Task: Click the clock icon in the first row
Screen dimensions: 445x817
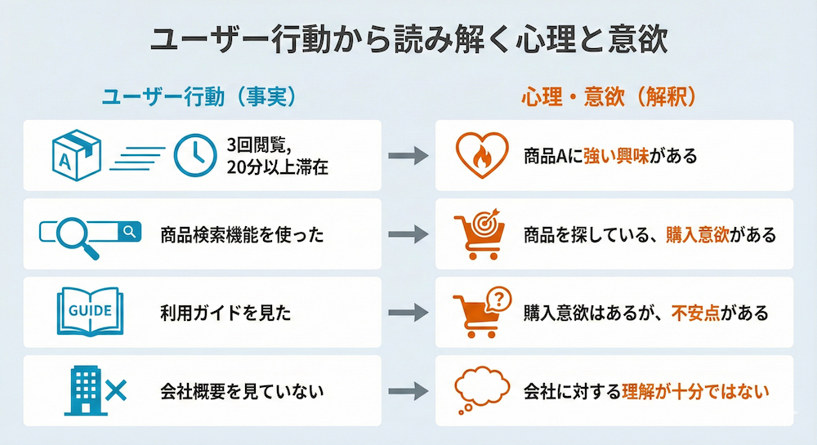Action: pos(194,155)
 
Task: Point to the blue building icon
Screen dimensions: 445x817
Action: pos(83,390)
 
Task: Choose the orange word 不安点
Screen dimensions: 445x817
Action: pos(695,312)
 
